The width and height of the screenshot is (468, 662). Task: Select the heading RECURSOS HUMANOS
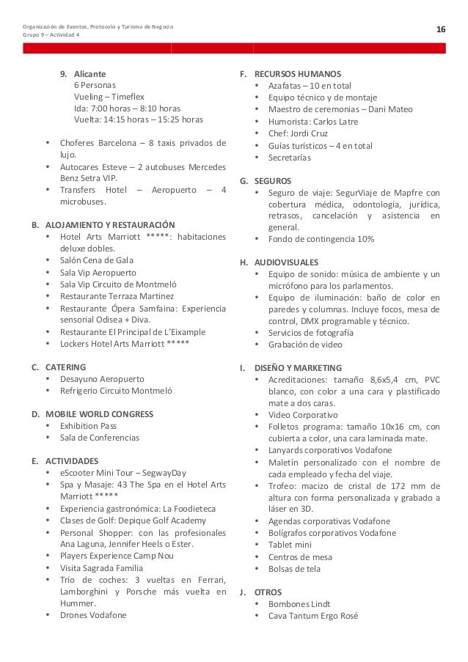click(x=297, y=74)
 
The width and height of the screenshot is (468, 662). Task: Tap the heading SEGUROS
click(x=272, y=180)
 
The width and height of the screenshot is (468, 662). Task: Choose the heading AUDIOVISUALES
click(x=286, y=262)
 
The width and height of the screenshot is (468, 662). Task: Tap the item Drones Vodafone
click(x=93, y=614)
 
